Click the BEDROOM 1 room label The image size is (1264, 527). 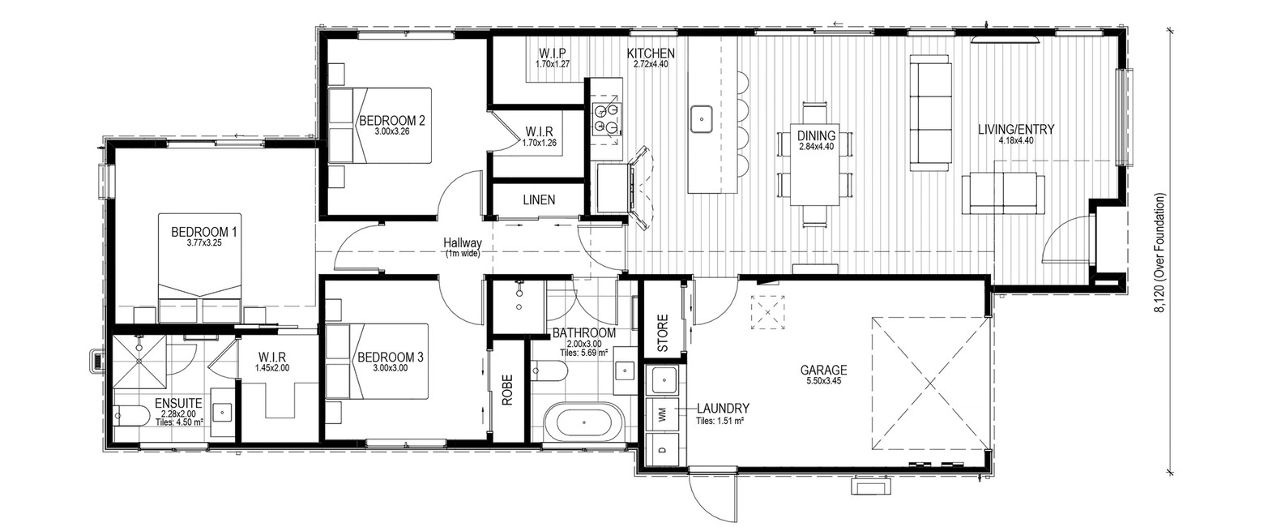pyautogui.click(x=203, y=232)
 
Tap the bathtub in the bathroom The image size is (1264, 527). pyautogui.click(x=583, y=422)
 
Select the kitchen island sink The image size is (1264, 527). pyautogui.click(x=701, y=119)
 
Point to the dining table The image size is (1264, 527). pyautogui.click(x=816, y=165)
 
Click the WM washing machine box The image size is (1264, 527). pyautogui.click(x=663, y=413)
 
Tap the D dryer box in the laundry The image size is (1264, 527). pyautogui.click(x=663, y=450)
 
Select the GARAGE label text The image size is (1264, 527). pyautogui.click(x=823, y=371)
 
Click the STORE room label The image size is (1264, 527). pyautogui.click(x=663, y=332)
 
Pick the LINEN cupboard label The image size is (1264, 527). pyautogui.click(x=539, y=200)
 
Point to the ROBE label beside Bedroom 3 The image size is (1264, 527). pyautogui.click(x=506, y=390)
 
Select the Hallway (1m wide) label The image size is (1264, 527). pyautogui.click(x=462, y=247)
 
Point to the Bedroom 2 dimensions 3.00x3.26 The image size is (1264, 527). pyautogui.click(x=391, y=131)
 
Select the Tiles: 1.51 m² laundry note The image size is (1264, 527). pyautogui.click(x=720, y=421)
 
